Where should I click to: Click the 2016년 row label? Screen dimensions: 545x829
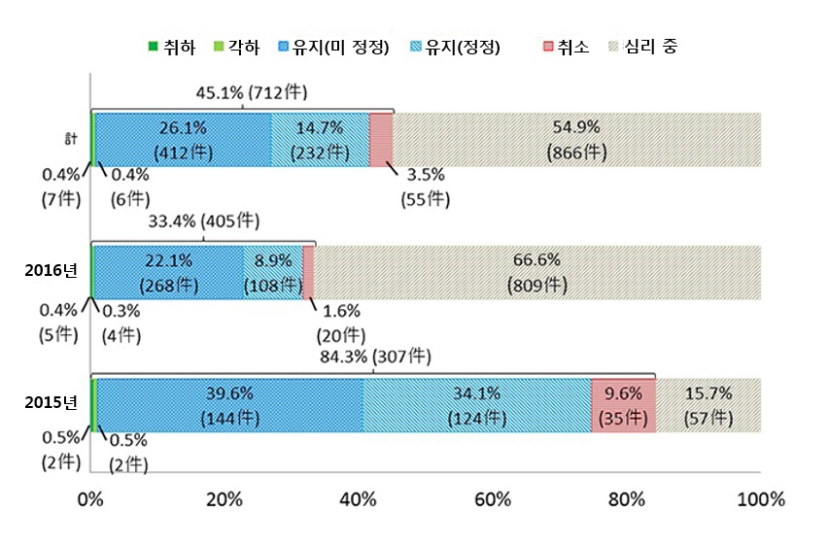(x=51, y=270)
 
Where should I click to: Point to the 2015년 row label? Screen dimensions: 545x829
(x=51, y=403)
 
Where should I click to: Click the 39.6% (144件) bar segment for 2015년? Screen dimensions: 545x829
(x=229, y=405)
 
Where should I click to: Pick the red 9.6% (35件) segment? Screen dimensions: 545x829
(x=623, y=405)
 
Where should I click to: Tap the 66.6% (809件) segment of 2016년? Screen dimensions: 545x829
(x=536, y=272)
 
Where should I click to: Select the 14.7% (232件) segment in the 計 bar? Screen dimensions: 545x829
(x=320, y=140)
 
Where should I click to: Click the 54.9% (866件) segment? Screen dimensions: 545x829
(x=576, y=140)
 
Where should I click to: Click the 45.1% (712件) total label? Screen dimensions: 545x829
(x=252, y=93)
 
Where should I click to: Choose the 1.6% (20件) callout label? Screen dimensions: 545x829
(x=339, y=324)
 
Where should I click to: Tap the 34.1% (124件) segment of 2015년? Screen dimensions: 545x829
(x=476, y=405)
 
